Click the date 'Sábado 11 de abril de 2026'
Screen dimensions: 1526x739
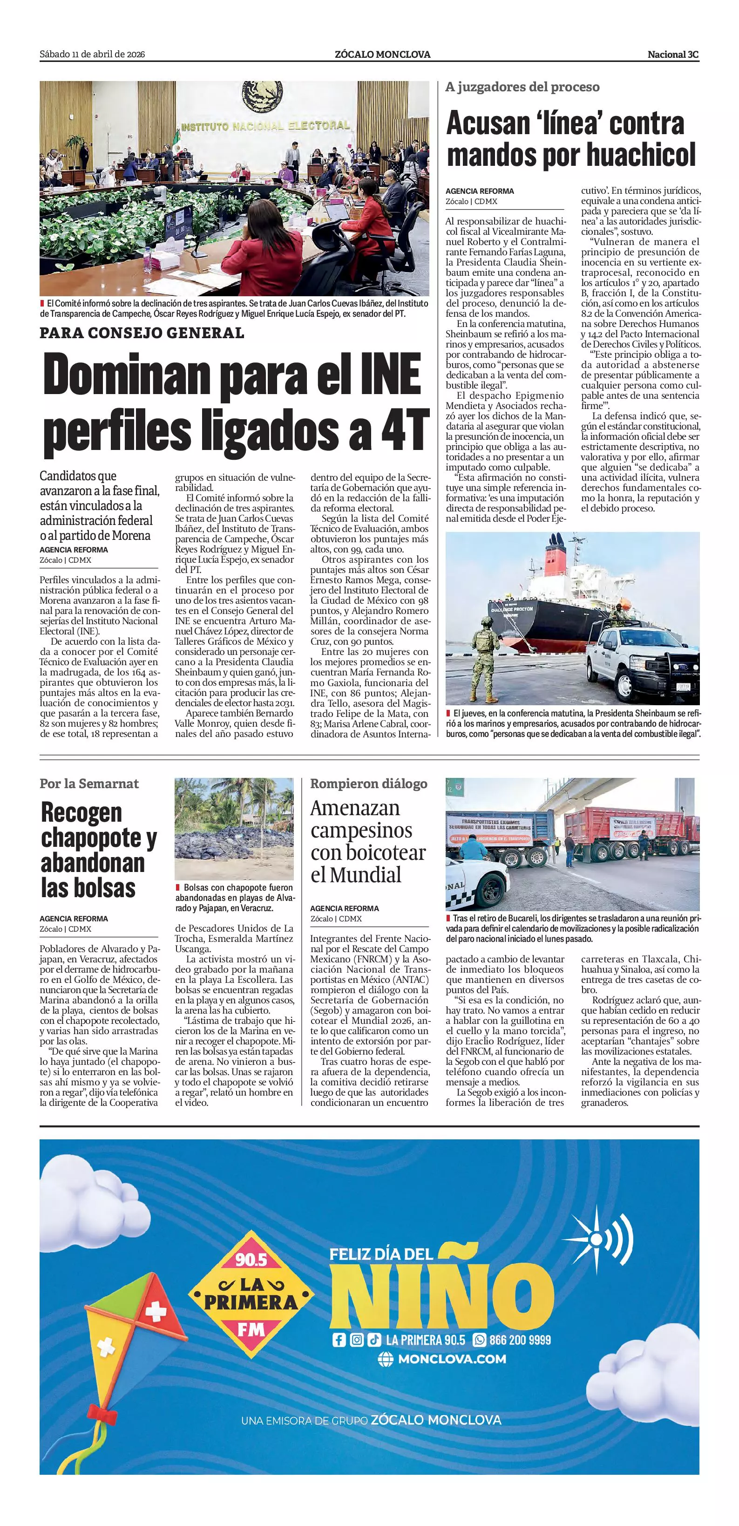[x=92, y=54]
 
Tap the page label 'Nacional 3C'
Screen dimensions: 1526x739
[x=673, y=54]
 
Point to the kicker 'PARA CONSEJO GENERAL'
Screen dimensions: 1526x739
[x=142, y=333]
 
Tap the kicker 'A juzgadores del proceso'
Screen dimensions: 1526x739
[x=522, y=87]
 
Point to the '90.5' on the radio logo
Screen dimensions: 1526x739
[x=251, y=1260]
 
